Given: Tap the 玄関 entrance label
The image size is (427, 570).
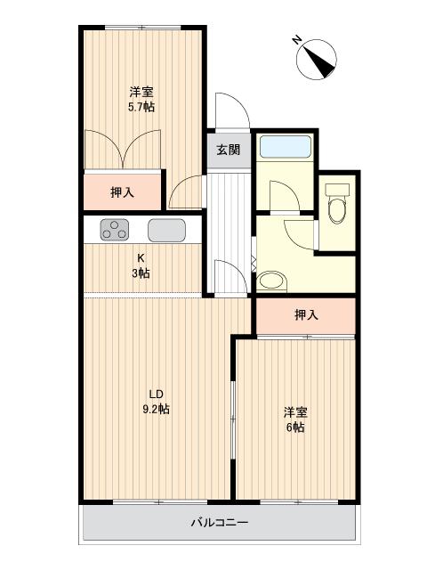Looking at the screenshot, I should pyautogui.click(x=228, y=150).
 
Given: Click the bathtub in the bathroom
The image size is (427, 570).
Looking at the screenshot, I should pyautogui.click(x=285, y=147).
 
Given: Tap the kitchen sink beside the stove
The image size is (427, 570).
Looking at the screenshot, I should pyautogui.click(x=165, y=230).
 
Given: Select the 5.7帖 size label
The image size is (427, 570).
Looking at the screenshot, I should pyautogui.click(x=141, y=107).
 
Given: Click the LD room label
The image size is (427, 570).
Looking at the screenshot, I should pyautogui.click(x=156, y=395).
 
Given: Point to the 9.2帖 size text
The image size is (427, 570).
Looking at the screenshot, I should pyautogui.click(x=157, y=410).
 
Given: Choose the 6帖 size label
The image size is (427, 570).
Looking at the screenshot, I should pyautogui.click(x=295, y=427).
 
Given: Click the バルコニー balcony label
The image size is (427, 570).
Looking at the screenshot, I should pyautogui.click(x=220, y=523).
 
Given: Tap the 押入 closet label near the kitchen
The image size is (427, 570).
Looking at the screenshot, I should pyautogui.click(x=123, y=191).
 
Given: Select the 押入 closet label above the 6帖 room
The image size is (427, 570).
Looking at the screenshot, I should pyautogui.click(x=305, y=314).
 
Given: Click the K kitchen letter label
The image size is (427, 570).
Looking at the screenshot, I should pyautogui.click(x=141, y=258).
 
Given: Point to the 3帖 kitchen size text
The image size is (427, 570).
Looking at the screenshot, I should pyautogui.click(x=141, y=273).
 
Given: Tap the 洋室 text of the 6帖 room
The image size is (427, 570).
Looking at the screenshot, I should pyautogui.click(x=295, y=412).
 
